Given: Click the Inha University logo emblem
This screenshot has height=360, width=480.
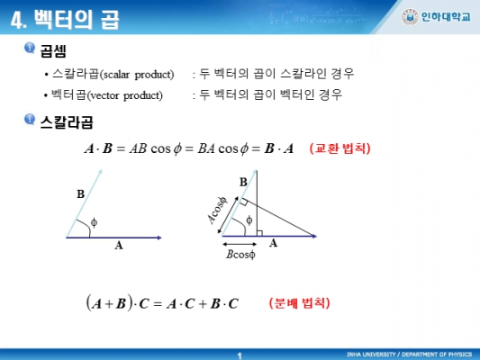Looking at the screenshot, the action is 410,17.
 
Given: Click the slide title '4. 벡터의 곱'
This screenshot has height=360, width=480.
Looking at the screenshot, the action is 65,20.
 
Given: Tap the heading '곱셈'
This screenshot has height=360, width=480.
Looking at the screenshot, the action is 53,50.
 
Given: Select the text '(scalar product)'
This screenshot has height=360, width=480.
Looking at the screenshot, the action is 137,75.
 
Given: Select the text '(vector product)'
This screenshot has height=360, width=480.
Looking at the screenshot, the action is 125,95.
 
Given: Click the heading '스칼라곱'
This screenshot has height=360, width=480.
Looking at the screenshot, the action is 67,122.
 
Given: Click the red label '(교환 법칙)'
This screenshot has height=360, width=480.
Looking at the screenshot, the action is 340,148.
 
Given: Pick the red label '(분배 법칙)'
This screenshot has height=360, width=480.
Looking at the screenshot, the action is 299,303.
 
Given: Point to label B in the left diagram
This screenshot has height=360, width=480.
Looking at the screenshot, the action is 80,193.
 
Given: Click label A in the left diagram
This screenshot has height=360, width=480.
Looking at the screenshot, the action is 119,246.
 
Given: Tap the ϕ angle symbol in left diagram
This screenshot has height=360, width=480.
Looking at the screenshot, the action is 94,222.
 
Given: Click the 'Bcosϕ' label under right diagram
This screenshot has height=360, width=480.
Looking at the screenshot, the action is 240,255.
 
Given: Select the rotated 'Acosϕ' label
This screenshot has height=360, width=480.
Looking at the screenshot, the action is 218,210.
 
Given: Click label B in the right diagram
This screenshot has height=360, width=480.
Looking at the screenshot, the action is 243,183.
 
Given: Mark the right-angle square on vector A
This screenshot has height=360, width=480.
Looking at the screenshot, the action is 259,233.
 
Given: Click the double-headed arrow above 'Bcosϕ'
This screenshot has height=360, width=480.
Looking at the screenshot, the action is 240,244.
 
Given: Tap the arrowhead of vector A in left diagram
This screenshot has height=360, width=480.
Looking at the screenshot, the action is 159,238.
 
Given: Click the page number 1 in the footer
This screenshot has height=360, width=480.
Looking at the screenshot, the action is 240,355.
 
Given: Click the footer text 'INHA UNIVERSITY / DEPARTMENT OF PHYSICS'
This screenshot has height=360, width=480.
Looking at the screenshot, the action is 409,355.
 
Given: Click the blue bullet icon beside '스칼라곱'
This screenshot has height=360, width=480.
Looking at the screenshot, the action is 30,120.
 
